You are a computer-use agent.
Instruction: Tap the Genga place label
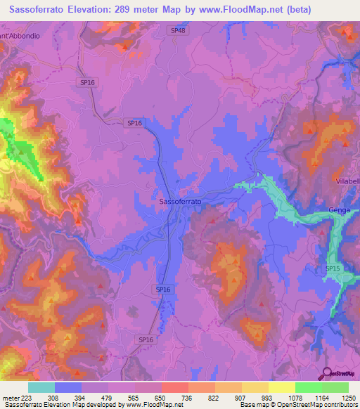click(340, 210)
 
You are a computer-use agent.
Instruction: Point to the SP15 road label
click(333, 268)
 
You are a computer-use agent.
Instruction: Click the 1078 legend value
click(295, 397)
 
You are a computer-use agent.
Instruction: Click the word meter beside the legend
click(10, 397)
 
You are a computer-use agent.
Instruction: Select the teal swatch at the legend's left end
click(41, 387)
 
